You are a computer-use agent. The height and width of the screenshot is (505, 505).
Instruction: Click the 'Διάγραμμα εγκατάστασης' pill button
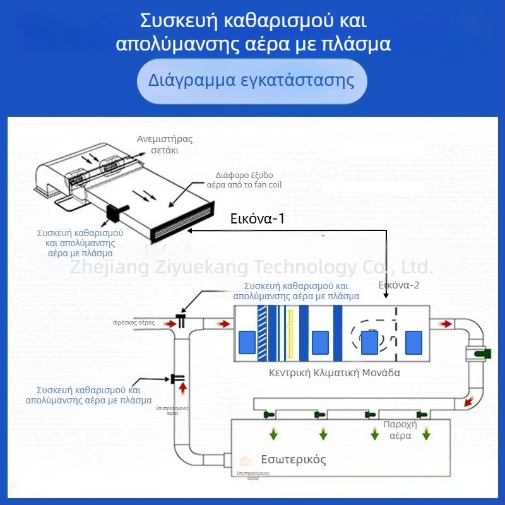pos(252,81)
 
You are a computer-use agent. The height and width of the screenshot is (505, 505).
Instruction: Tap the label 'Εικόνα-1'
pos(258,219)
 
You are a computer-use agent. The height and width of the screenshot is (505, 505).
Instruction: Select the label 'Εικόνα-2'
pos(399,285)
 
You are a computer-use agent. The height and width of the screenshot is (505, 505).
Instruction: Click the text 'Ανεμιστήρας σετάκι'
pos(165,145)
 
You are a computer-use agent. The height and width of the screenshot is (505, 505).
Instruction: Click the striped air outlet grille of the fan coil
pos(183,221)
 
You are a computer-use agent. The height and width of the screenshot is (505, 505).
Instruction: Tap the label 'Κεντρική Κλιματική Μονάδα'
pos(335,372)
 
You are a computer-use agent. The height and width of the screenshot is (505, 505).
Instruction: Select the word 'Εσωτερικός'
pos(294,459)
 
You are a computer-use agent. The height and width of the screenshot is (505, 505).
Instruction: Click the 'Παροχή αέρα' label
pos(400,430)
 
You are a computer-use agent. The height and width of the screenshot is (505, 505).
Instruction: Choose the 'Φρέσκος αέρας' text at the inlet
pos(134,323)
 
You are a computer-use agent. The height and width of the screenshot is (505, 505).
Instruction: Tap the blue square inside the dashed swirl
pos(369,342)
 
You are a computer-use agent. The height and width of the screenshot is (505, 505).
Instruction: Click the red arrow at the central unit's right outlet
pos(446,324)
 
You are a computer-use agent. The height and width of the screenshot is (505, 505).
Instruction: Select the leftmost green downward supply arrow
pos(275,434)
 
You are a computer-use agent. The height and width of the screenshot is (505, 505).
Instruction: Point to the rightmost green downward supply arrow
pos(427,434)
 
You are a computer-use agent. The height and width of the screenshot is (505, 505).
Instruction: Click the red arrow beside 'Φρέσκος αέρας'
pos(169,323)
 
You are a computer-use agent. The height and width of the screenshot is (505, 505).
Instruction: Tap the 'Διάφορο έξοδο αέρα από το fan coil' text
pos(244,180)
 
